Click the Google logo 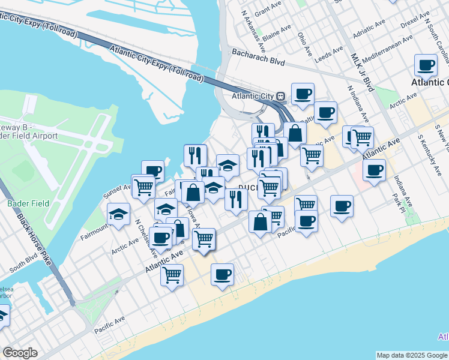tap(20, 353)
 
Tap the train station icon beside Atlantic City tap(280, 96)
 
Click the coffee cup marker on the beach tap(222, 275)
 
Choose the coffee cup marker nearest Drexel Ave tap(426, 65)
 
